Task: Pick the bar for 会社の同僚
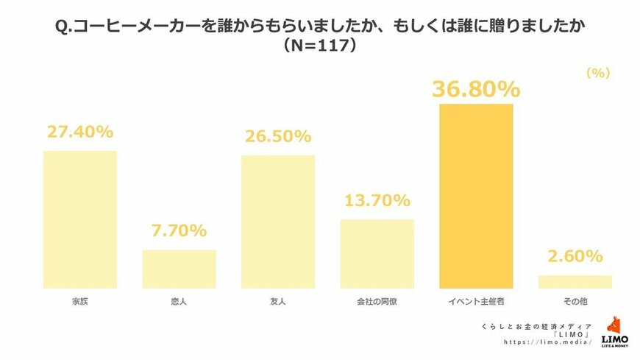pos(377,253)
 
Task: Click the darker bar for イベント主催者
pos(476,196)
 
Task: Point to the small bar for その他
pos(575,281)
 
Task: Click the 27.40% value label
pos(80,132)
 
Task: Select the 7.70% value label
pos(179,230)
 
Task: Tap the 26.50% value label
pos(278,136)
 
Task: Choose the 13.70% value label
pos(377,200)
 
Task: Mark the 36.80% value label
pos(476,89)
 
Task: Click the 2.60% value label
pos(575,256)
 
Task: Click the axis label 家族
pos(80,301)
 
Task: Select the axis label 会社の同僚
pos(377,301)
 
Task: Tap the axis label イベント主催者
pos(476,301)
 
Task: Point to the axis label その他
pos(575,301)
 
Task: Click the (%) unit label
pos(598,74)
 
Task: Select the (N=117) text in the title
pos(320,46)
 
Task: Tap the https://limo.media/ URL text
pos(538,342)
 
